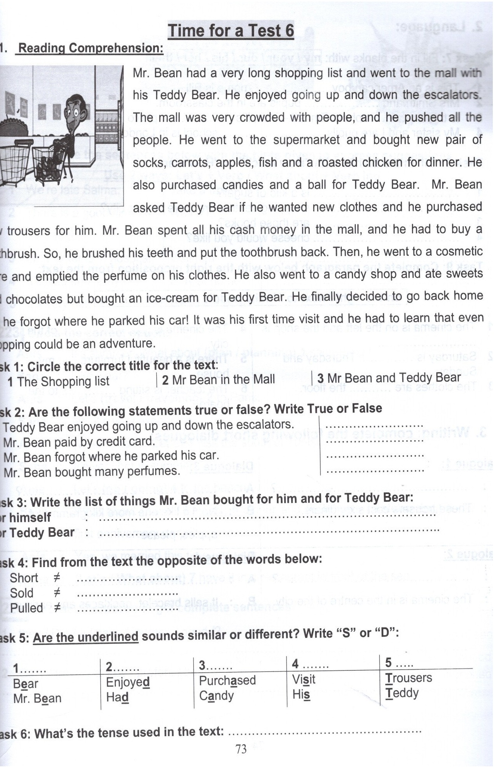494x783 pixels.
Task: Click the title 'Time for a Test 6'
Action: [231, 31]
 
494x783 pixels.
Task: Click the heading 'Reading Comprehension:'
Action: [91, 48]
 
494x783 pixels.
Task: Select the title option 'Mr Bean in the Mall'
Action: [218, 379]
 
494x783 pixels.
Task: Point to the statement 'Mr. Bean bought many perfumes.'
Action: [92, 472]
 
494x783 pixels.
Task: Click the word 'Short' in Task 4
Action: [24, 578]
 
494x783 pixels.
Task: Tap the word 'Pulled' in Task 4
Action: [26, 608]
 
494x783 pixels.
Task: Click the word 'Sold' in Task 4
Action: [22, 593]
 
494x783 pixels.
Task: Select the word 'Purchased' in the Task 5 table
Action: [227, 680]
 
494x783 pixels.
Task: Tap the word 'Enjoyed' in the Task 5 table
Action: [128, 682]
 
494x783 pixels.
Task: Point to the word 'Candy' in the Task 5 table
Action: [216, 696]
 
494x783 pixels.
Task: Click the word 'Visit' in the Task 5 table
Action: [304, 679]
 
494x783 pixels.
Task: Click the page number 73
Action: [241, 749]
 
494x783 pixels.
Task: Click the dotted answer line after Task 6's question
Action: [324, 732]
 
